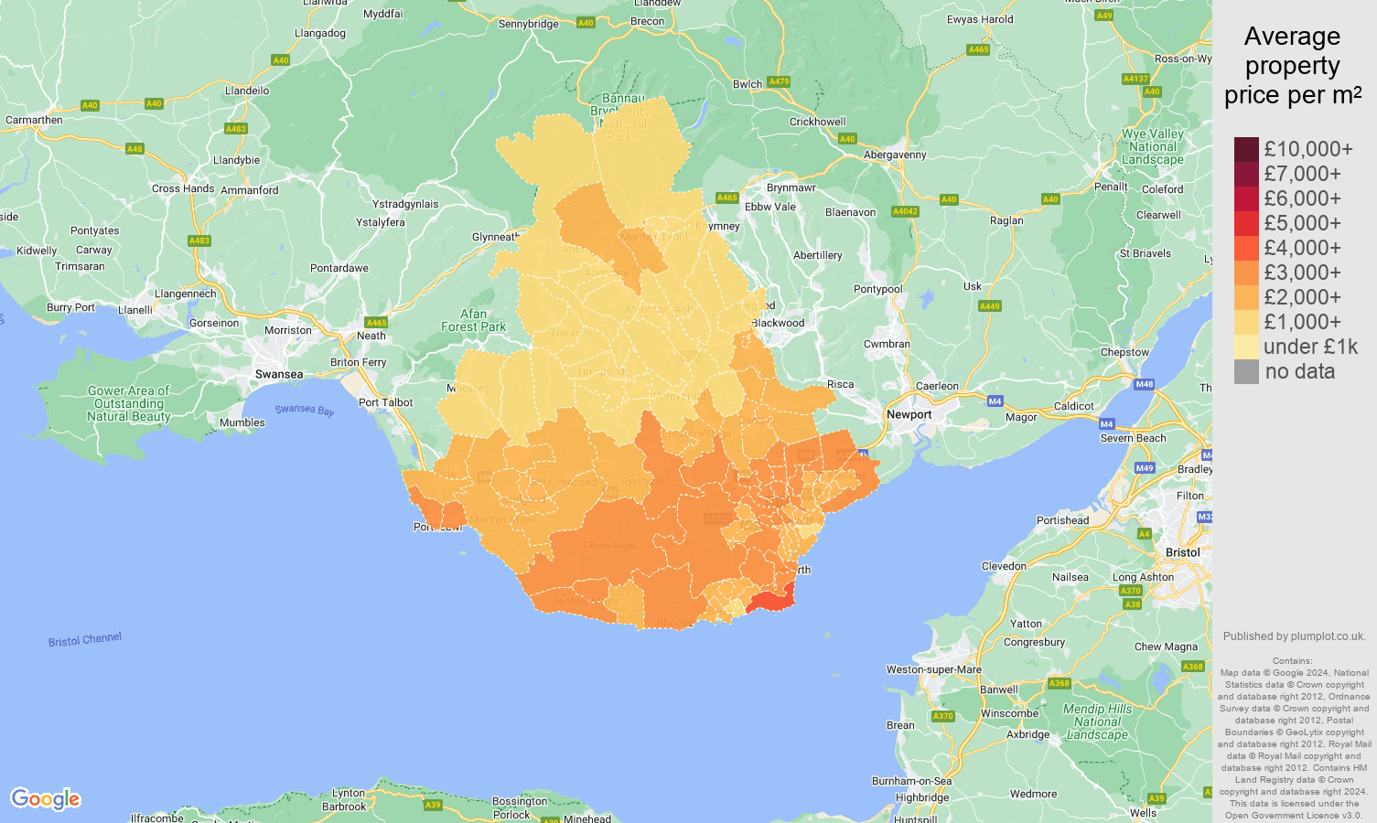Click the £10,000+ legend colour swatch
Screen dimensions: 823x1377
click(1246, 150)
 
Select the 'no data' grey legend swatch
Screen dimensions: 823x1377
click(1246, 372)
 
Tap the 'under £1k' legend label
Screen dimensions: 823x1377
click(1310, 347)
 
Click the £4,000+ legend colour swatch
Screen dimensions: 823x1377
click(1246, 249)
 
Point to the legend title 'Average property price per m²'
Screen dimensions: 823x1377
click(1292, 66)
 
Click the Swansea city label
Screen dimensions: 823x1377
click(279, 375)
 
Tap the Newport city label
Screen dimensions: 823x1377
click(909, 415)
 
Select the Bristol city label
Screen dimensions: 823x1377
click(1182, 552)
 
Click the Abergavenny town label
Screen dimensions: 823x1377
click(895, 155)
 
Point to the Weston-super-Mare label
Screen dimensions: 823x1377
click(933, 669)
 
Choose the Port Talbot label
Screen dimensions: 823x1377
click(385, 402)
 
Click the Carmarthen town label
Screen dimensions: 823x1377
click(34, 121)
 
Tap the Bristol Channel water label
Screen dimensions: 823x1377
click(85, 639)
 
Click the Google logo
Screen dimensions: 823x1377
click(46, 799)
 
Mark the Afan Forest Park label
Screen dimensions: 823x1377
click(473, 320)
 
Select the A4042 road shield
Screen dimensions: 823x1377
click(905, 212)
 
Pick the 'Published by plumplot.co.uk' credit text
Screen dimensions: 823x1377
click(1294, 636)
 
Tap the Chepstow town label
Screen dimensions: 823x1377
click(1124, 353)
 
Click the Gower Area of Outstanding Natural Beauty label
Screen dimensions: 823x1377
click(129, 403)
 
